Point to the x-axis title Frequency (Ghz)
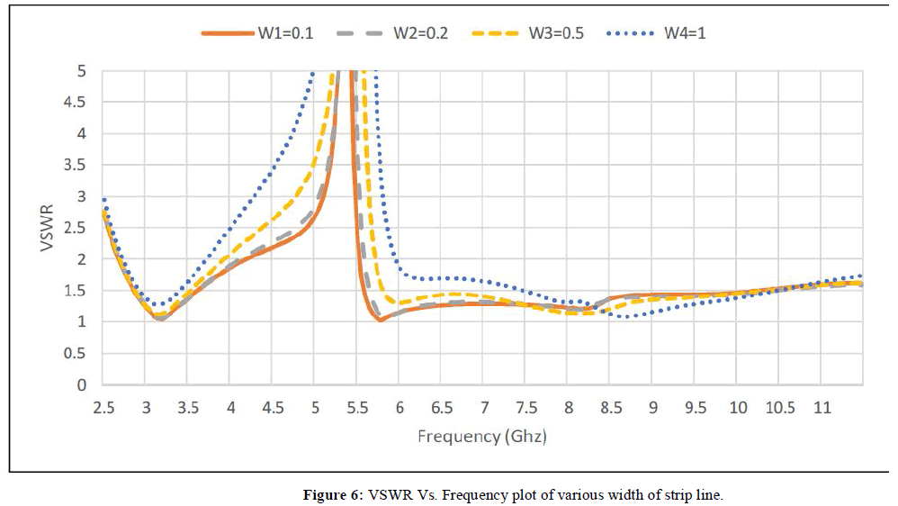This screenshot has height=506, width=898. click(482, 437)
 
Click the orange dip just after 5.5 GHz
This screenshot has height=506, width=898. click(381, 320)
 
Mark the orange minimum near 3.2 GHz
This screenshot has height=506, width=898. click(160, 319)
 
